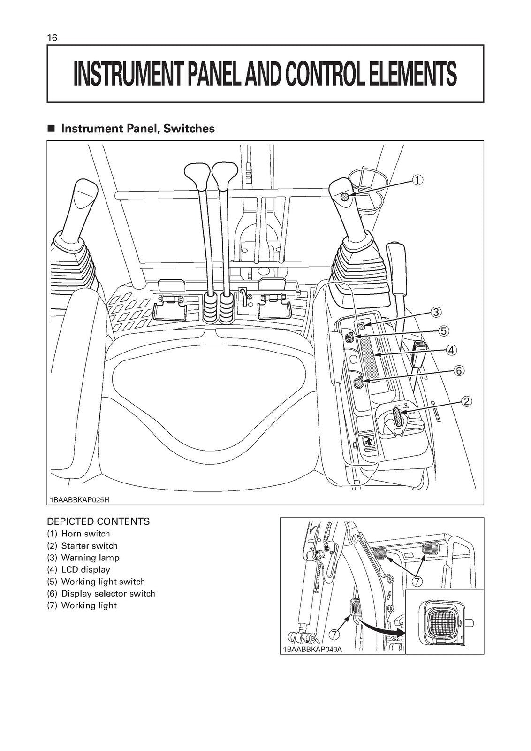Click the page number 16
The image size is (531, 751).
coord(52,38)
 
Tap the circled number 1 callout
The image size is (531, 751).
coord(417,179)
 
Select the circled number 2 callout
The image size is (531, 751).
coord(466,401)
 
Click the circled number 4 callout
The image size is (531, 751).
coord(450,350)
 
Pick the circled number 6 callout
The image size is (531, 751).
coord(459,371)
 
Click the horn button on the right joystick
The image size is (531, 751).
coord(345,197)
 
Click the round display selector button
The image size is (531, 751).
coord(359,383)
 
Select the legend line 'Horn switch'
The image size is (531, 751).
coord(78,534)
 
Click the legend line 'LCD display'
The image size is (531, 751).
coord(78,569)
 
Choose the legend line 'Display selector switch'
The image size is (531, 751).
coord(101,593)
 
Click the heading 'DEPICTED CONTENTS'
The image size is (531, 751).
coord(99,521)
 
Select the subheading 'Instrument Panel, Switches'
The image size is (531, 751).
coord(137,128)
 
